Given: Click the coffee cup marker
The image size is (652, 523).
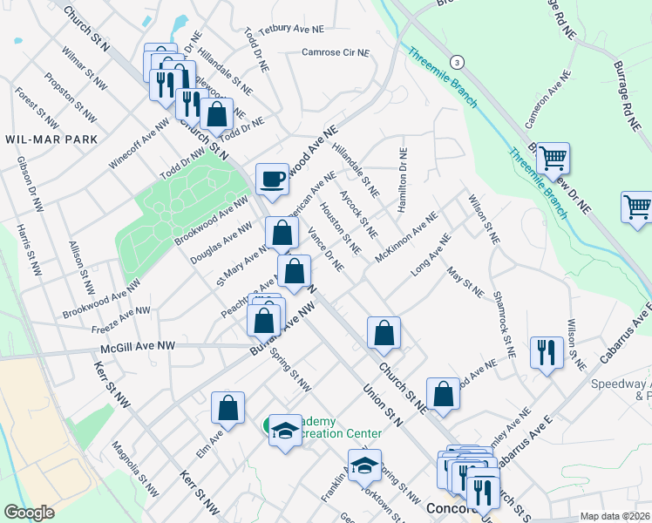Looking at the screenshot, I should [273, 179].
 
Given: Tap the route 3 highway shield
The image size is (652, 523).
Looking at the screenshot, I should [458, 62].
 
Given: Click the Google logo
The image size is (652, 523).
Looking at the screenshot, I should [29, 513].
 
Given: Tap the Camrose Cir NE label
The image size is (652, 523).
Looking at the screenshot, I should [336, 52].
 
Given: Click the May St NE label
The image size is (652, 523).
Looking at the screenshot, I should [465, 284].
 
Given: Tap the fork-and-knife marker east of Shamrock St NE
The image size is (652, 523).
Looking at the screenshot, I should [547, 352].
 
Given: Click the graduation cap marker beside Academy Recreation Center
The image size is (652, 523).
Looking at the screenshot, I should [285, 431].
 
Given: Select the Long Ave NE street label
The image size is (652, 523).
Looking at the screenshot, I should [431, 251].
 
